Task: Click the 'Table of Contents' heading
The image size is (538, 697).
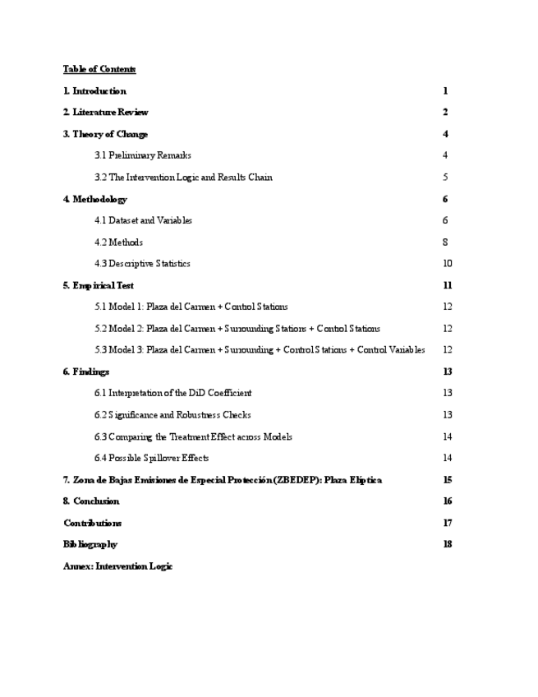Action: point(99,69)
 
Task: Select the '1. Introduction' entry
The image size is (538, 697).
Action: point(94,91)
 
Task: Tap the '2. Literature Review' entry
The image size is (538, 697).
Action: point(106,113)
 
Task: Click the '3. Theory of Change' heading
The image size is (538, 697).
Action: point(105,134)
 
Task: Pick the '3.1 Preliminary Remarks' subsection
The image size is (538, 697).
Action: point(143,155)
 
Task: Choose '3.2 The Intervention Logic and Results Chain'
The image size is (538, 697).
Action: point(183,178)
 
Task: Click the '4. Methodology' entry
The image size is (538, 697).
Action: point(95,199)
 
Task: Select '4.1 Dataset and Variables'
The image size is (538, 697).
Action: point(144,220)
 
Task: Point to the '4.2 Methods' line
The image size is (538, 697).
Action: point(119,242)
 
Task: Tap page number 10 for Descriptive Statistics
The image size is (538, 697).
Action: point(447,264)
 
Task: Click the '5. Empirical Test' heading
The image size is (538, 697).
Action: point(99,285)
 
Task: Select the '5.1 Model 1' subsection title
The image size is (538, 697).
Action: point(191,307)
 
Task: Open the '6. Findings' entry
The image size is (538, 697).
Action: point(86,372)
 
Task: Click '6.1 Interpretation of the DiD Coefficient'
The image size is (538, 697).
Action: point(173,393)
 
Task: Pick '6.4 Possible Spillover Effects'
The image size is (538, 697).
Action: point(152,458)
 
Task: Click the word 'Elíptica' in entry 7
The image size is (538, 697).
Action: point(366,480)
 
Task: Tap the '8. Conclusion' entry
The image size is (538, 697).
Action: point(91,501)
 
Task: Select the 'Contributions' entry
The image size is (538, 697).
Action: point(93,523)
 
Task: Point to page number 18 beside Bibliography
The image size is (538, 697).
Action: point(447,544)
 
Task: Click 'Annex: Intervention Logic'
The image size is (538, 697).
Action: point(118,566)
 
